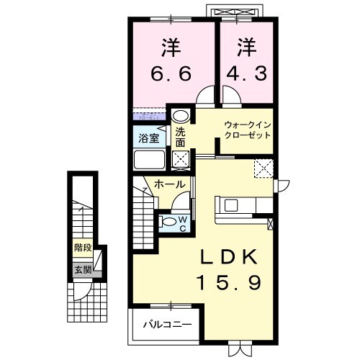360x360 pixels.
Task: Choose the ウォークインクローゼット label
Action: [x=246, y=130]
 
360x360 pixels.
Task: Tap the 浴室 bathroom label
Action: [x=148, y=137]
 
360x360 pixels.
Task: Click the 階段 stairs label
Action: [x=83, y=247]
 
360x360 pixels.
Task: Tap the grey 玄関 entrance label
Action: [x=83, y=271]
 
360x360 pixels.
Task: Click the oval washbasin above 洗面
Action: [x=181, y=115]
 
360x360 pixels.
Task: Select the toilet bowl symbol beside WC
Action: [x=168, y=221]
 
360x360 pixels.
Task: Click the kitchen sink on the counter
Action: [x=232, y=205]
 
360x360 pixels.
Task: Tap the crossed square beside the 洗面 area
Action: [x=181, y=159]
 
